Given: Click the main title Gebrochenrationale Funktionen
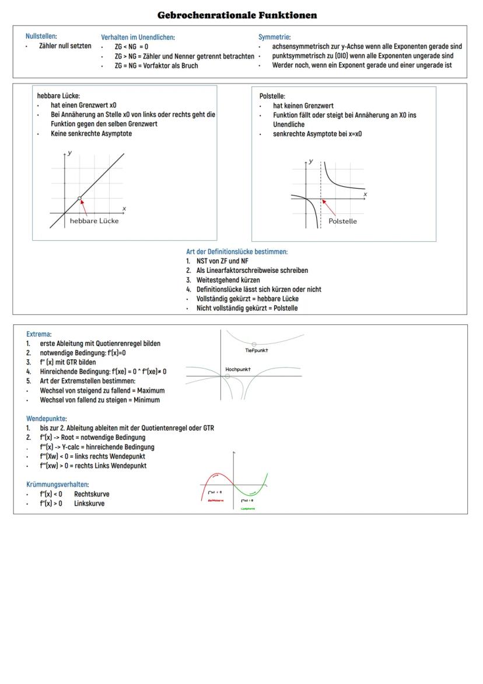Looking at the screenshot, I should tap(237, 15).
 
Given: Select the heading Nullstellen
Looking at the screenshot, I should tap(41, 37).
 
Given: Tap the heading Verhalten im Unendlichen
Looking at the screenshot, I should tap(138, 37).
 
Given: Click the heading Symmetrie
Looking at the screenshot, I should tap(274, 37).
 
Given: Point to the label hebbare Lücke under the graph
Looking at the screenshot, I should tap(94, 221).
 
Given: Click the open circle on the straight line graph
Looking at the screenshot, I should tap(79, 199).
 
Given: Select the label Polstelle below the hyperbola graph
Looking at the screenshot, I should tap(342, 221).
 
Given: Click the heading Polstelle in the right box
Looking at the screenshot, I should tap(272, 96).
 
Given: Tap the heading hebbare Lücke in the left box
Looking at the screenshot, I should tap(58, 96).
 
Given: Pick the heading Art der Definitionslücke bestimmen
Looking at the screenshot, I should tap(237, 252).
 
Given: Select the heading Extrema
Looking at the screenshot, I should tap(38, 334).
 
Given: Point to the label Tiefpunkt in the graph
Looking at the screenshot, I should tap(257, 350).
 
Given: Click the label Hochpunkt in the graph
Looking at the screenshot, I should tap(237, 369).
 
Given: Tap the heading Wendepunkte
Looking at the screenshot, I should tap(47, 418).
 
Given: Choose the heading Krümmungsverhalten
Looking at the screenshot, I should tap(58, 484).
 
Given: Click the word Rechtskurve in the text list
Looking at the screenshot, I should tap(92, 494).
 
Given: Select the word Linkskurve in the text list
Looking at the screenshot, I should tap(89, 504).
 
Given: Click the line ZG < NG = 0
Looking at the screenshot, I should tap(131, 47).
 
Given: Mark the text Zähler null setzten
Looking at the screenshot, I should tap(65, 46).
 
